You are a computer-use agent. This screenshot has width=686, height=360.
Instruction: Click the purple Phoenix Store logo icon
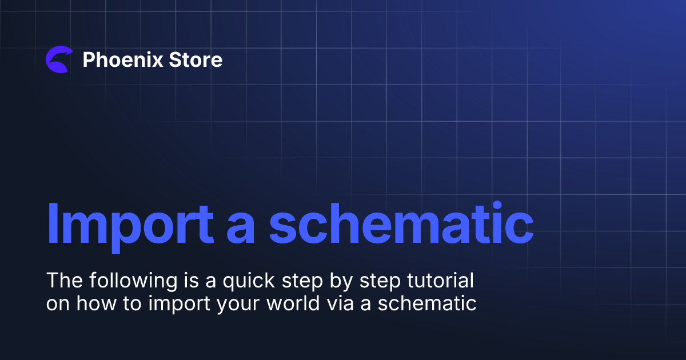pos(59,59)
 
